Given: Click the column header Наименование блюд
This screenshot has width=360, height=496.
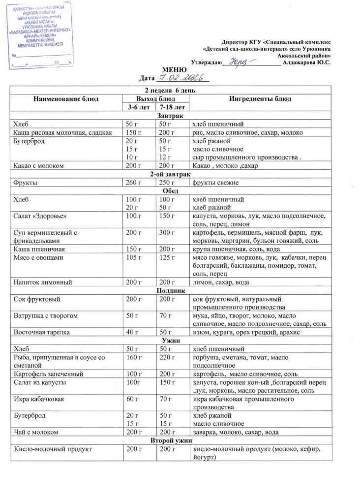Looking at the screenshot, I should (66, 99).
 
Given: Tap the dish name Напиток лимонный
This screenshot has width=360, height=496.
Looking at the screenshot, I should (41, 282).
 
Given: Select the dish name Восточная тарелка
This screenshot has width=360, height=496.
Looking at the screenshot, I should (42, 332).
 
